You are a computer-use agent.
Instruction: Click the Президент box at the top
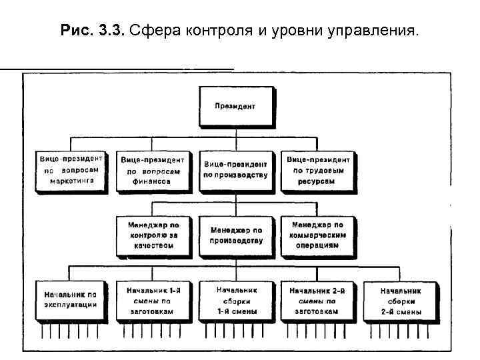coord(235,106)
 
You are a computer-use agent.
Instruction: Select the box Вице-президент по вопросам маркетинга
coord(70,171)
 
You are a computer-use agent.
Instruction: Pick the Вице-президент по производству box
coord(235,170)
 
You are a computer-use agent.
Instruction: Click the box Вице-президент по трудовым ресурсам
coord(318,170)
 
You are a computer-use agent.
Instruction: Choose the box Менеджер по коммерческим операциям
coord(318,235)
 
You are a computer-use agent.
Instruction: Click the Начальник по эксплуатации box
coord(70,300)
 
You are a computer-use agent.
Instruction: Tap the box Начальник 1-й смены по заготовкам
coord(153,300)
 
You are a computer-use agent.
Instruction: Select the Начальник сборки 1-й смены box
coord(235,300)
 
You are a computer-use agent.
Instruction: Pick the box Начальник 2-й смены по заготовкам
coord(318,300)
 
